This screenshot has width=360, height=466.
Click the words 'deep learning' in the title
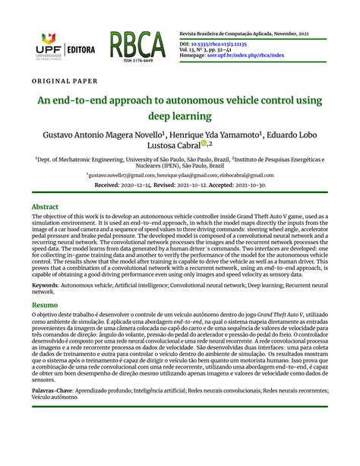point(180,116)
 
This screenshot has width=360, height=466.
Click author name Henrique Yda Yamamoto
point(225,134)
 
